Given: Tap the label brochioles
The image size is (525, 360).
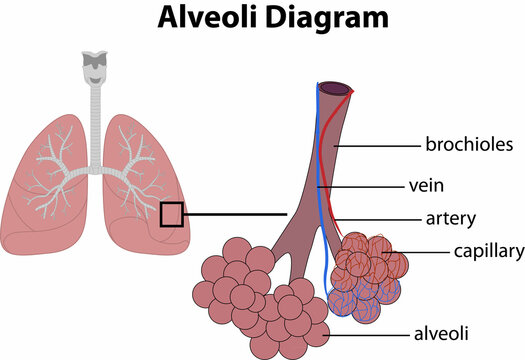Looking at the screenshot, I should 469,145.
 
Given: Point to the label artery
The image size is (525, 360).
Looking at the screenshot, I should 450,218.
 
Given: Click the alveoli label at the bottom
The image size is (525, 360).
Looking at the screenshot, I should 442,332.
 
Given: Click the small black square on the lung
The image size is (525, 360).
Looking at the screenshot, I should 171,214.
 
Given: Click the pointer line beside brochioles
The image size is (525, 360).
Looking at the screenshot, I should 385,145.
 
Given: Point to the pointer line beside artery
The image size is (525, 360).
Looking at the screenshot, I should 375,218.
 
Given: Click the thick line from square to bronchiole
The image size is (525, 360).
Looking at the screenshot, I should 235,213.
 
